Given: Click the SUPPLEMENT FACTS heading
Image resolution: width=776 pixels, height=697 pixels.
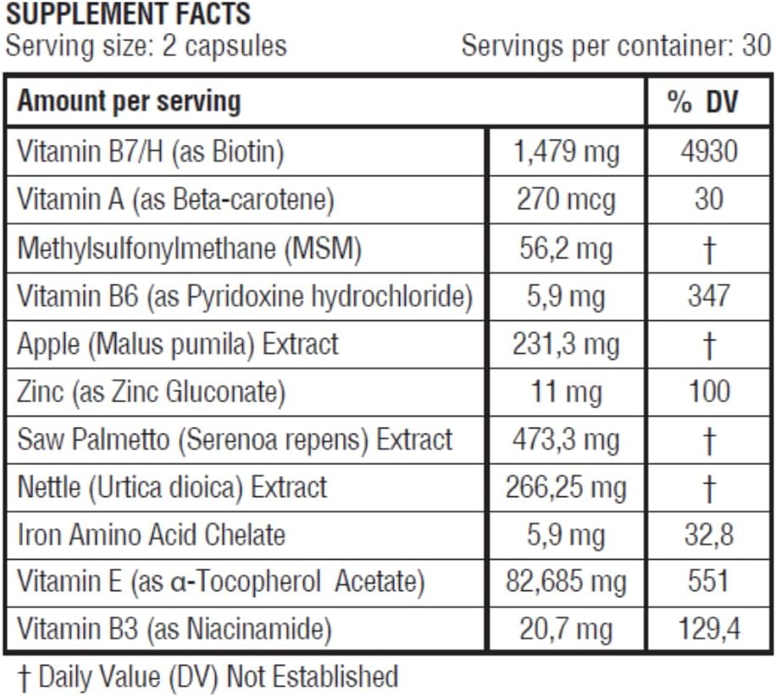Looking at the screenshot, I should coord(128,14).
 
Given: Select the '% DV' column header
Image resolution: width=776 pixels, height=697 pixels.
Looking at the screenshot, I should coord(702,102).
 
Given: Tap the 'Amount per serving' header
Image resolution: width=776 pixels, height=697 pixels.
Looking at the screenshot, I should coord(129,102).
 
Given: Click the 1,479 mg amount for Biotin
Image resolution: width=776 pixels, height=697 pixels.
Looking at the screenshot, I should coord(567,152).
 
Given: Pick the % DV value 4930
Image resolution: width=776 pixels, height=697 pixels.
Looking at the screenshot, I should coord(708,152).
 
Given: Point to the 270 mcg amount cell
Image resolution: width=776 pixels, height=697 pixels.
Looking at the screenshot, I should coord(567,200).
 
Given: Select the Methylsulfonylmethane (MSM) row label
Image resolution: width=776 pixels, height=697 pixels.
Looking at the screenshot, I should coord(190,248).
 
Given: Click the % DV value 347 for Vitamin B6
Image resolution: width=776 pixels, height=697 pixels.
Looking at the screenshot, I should coord(708,296).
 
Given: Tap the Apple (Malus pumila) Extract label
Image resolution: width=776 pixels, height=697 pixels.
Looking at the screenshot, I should coord(178,344).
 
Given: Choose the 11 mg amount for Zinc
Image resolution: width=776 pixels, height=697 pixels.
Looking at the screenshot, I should coord(567,391).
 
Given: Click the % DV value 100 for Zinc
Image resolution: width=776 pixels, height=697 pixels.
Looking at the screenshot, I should coord(708,391).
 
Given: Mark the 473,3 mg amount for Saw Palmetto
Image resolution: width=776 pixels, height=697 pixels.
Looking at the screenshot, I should coord(567,440).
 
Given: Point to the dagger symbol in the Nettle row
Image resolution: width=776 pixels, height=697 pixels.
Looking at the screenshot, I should coord(709,488).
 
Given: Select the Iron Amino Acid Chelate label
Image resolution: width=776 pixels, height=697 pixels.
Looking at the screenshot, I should coord(152,535).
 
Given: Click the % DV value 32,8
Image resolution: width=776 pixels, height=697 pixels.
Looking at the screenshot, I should coord(708,535).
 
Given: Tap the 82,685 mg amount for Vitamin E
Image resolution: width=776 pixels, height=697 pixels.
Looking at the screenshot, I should coord(567,583).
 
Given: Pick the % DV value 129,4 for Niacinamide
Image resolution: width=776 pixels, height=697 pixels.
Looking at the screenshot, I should coord(708,630).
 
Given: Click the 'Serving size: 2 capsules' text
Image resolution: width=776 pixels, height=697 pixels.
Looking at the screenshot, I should coord(146,45).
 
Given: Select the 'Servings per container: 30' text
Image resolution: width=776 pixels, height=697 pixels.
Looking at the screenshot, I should coord(616,45).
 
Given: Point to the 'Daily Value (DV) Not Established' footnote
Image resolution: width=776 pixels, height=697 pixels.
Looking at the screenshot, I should coord(208,677).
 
